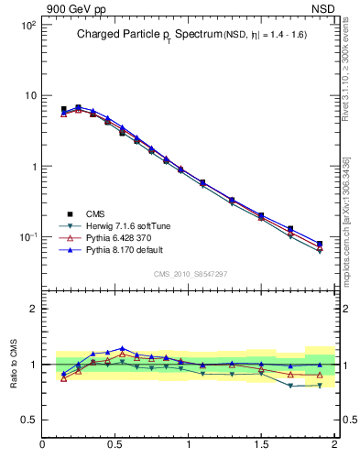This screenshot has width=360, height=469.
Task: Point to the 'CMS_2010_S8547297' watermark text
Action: (x=190, y=274)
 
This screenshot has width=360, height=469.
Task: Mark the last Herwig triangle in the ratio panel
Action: (x=320, y=385)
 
